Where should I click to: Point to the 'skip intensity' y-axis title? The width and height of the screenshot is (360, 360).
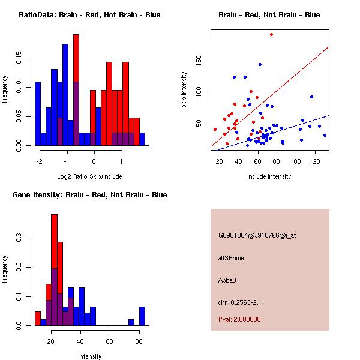click(x=184, y=90)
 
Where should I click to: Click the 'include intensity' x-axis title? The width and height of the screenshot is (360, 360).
click(x=269, y=176)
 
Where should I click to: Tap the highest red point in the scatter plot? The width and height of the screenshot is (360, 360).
click(x=271, y=34)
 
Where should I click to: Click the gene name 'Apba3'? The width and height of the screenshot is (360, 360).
click(x=228, y=280)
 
